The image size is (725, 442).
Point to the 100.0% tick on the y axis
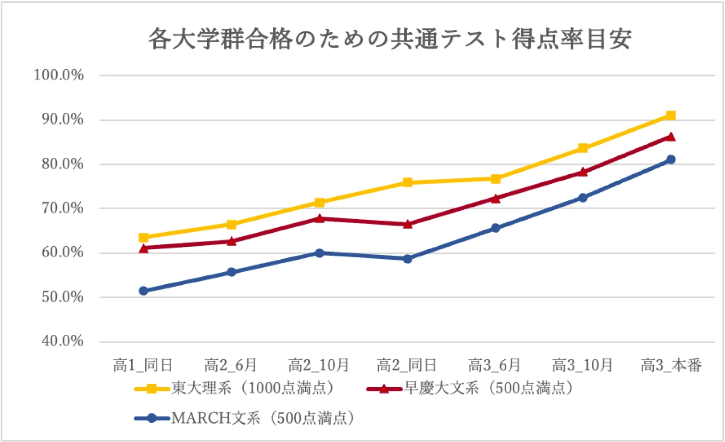coord(59,75)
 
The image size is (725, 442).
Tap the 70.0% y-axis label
coord(62,208)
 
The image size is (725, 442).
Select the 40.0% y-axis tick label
coord(62,341)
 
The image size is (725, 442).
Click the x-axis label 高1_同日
coord(143,366)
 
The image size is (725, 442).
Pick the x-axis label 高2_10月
coord(318,366)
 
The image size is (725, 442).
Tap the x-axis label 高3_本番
coord(671,366)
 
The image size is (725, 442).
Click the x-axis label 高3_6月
coord(495,366)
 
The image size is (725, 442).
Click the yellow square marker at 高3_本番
coord(671,115)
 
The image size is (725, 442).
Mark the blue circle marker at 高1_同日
coord(143,290)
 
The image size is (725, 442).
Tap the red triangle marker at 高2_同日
coord(408,224)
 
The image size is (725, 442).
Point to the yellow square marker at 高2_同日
coord(408,182)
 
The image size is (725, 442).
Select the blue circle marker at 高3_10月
coord(583,198)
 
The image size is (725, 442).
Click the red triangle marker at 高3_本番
coord(671,137)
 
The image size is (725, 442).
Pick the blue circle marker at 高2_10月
coord(319,253)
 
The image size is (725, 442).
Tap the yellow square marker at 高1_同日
coord(143,238)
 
